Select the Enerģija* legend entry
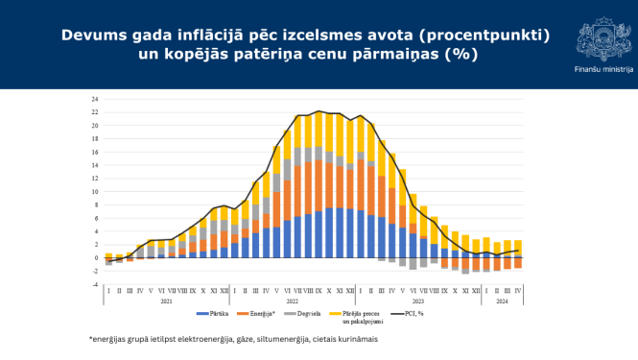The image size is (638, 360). [x=262, y=314]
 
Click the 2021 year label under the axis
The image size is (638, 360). [x=166, y=300]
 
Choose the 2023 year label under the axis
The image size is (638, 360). [x=418, y=300]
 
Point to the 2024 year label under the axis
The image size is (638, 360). [x=503, y=300]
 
